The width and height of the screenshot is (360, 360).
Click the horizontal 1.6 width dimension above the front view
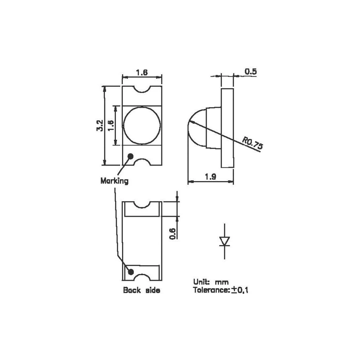click(x=141, y=72)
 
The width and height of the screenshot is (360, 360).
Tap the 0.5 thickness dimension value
click(x=251, y=72)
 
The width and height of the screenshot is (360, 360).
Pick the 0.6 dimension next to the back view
click(x=172, y=234)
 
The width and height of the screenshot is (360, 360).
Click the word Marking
click(x=114, y=181)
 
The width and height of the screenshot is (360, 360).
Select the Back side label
click(x=141, y=290)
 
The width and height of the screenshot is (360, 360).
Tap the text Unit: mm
click(x=211, y=282)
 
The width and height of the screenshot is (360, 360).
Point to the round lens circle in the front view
click(x=141, y=125)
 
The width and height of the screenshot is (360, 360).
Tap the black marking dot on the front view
click(x=130, y=156)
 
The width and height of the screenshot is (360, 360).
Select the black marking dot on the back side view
click(x=131, y=271)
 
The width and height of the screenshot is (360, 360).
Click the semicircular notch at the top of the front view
click(x=141, y=90)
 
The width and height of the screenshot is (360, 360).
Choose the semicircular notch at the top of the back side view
click(x=141, y=205)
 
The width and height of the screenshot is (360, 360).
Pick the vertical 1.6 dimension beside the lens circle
click(x=111, y=125)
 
